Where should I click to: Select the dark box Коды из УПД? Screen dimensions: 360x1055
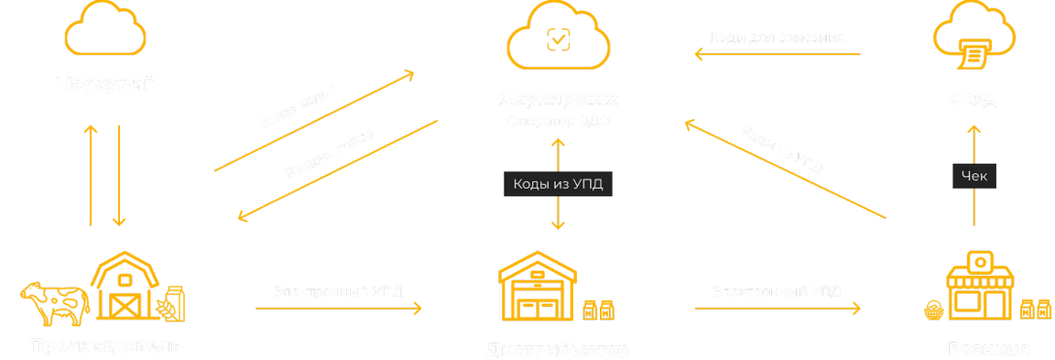pyautogui.click(x=558, y=183)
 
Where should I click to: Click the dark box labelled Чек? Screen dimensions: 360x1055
pyautogui.click(x=973, y=177)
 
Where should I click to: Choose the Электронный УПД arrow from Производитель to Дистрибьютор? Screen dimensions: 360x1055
pyautogui.click(x=339, y=309)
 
